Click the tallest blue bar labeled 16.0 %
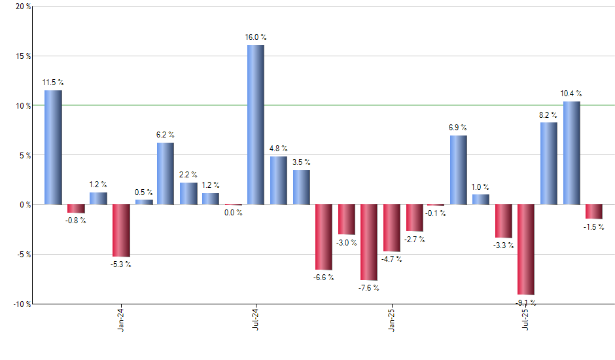pyautogui.click(x=256, y=124)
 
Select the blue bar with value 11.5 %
pyautogui.click(x=53, y=147)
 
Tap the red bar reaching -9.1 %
pyautogui.click(x=526, y=249)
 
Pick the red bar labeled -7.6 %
pyautogui.click(x=368, y=242)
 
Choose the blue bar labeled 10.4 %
pyautogui.click(x=571, y=153)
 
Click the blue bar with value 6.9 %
pyautogui.click(x=459, y=170)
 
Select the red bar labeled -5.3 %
pyautogui.click(x=121, y=230)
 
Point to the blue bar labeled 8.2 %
pyautogui.click(x=549, y=164)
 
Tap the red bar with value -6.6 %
pyautogui.click(x=323, y=237)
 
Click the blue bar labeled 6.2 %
pyautogui.click(x=166, y=173)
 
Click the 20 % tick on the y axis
pyautogui.click(x=22, y=7)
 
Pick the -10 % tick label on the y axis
pyautogui.click(x=21, y=304)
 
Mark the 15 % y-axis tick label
pyautogui.click(x=22, y=56)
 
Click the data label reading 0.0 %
pyautogui.click(x=233, y=213)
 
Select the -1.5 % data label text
pyautogui.click(x=594, y=227)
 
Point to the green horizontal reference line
pyautogui.click(x=327, y=105)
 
